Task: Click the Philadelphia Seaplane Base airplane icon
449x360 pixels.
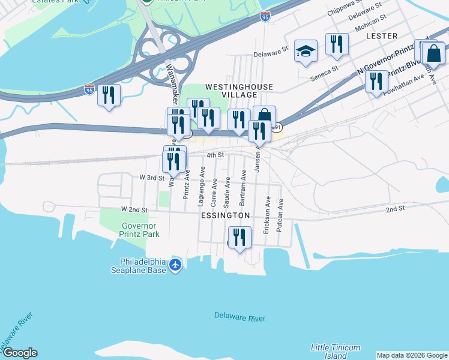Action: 175,265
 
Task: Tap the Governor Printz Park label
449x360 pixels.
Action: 140,230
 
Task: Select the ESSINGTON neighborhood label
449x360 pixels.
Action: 225,215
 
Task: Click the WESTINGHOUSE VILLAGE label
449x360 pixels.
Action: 239,91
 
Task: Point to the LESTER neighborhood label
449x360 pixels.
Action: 382,36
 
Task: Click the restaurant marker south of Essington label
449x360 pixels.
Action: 240,237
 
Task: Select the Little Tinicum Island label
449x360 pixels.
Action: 336,352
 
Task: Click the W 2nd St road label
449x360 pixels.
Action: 134,209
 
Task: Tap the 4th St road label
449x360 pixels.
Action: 215,155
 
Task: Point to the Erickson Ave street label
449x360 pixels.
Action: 267,215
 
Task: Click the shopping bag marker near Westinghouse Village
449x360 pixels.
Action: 264,116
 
